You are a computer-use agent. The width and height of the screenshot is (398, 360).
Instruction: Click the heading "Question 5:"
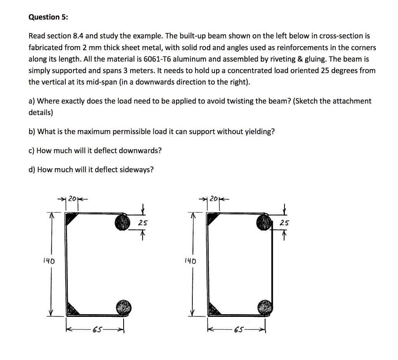(x=48, y=17)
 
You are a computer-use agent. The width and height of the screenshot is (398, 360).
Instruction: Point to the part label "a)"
(x=32, y=101)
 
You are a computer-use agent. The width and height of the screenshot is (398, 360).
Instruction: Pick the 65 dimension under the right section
(x=240, y=330)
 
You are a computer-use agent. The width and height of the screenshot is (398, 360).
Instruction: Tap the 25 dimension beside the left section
(x=143, y=223)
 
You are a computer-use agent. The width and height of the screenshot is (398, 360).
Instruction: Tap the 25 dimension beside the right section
(x=285, y=223)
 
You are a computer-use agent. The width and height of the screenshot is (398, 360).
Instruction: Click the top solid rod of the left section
(x=123, y=222)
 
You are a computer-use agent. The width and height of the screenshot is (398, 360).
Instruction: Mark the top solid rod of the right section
(x=264, y=222)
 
